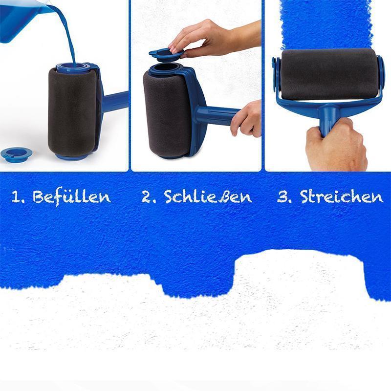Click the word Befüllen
point(71,197)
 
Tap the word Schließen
point(208,197)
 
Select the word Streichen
point(342,197)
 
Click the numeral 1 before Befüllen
point(16,197)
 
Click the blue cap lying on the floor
point(17,154)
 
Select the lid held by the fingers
point(166,55)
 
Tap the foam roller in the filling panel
point(72,112)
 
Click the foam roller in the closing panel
point(168,115)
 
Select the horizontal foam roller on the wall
point(329,74)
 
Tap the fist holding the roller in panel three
point(335,145)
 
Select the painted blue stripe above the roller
point(326,24)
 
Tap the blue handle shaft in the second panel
point(217,115)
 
